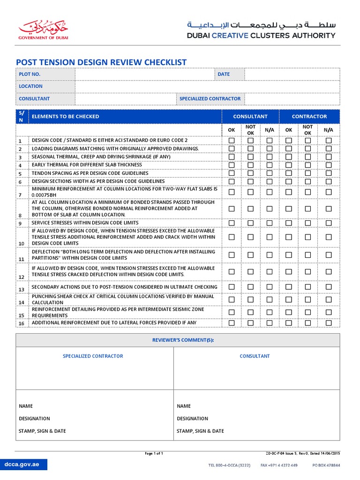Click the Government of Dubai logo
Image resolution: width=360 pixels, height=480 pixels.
(x=43, y=30)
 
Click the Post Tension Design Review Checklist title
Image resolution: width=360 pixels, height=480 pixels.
(x=101, y=62)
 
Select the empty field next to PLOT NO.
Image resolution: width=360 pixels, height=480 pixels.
(x=144, y=74)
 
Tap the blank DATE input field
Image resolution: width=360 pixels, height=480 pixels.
(x=292, y=74)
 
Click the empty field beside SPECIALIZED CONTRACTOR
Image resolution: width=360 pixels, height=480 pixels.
(x=292, y=99)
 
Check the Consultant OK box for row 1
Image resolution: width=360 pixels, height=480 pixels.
(x=232, y=141)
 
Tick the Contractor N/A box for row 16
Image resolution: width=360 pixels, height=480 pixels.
(x=329, y=323)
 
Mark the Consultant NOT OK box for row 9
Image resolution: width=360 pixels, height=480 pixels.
(x=251, y=223)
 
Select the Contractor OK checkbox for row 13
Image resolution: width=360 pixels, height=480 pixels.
(x=289, y=287)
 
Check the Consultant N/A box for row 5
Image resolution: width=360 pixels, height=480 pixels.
(x=270, y=173)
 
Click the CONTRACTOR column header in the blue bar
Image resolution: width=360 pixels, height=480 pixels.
(x=309, y=117)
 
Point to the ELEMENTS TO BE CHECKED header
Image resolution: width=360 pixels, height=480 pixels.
(x=65, y=117)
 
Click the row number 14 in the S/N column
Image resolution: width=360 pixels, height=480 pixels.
(x=21, y=303)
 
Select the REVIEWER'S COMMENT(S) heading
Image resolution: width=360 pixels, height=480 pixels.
(x=178, y=340)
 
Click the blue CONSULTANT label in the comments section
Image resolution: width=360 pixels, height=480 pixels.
(x=255, y=356)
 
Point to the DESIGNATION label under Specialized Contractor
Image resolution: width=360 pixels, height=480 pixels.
(x=34, y=419)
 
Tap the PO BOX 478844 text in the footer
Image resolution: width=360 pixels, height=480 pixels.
(x=326, y=465)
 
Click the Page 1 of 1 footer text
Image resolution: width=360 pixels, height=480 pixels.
(x=154, y=454)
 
